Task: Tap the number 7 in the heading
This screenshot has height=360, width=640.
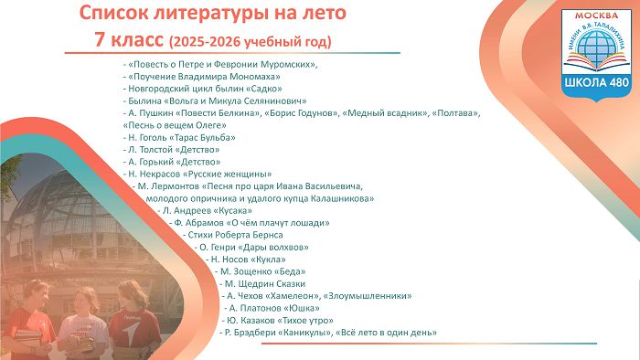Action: (x=100, y=40)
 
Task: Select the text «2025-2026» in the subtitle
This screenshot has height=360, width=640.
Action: (x=206, y=42)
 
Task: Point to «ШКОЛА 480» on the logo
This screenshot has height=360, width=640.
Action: (x=596, y=82)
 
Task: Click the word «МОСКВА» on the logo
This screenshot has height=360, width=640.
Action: (x=596, y=16)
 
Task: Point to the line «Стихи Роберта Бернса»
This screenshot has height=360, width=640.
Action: (x=235, y=235)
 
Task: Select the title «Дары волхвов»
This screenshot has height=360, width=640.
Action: (x=273, y=248)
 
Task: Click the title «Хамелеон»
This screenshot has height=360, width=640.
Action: (x=293, y=296)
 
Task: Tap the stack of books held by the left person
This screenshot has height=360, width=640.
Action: (x=27, y=337)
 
